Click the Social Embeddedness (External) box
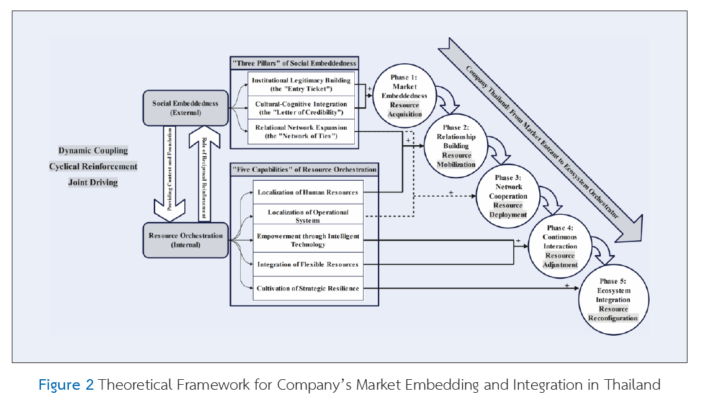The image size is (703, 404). pos(186,108)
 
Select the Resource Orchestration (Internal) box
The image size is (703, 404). pos(186,240)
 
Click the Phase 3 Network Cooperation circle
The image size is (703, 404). pos(508,196)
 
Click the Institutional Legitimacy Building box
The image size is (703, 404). pos(301,84)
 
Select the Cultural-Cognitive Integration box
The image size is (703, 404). pos(301,107)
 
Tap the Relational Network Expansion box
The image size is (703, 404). pos(301,132)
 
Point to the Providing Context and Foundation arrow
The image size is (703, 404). pos(169,174)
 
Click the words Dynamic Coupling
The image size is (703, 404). pos(93,151)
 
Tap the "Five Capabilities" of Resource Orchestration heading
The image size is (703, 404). pos(303,169)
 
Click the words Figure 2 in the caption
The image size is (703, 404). pos(66,385)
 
